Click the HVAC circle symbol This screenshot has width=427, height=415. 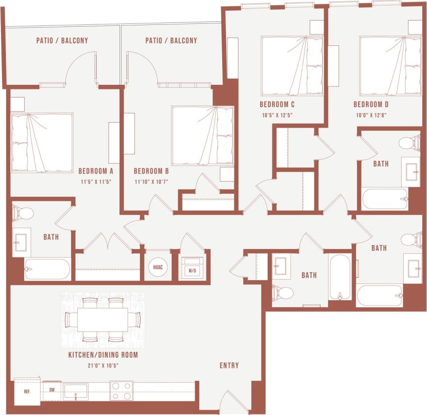(x=158, y=267)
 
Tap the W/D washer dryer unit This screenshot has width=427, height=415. (x=192, y=268)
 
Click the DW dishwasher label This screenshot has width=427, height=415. (x=51, y=389)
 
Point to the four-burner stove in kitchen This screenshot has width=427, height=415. (x=121, y=390)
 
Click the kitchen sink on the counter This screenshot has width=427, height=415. (x=76, y=391)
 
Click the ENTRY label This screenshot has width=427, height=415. (x=229, y=365)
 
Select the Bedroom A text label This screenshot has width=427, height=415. (x=96, y=171)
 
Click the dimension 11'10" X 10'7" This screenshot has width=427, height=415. (x=151, y=182)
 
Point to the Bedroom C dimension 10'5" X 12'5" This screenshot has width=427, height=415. (x=277, y=115)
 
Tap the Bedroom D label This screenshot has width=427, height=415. (x=371, y=104)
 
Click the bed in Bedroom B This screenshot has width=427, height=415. (x=202, y=136)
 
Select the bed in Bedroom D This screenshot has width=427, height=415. (x=390, y=66)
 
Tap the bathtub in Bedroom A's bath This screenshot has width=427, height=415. (x=48, y=269)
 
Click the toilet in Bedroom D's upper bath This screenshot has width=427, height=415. (x=410, y=143)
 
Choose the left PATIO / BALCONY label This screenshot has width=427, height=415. (x=62, y=40)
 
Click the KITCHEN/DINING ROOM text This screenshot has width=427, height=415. (x=103, y=355)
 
